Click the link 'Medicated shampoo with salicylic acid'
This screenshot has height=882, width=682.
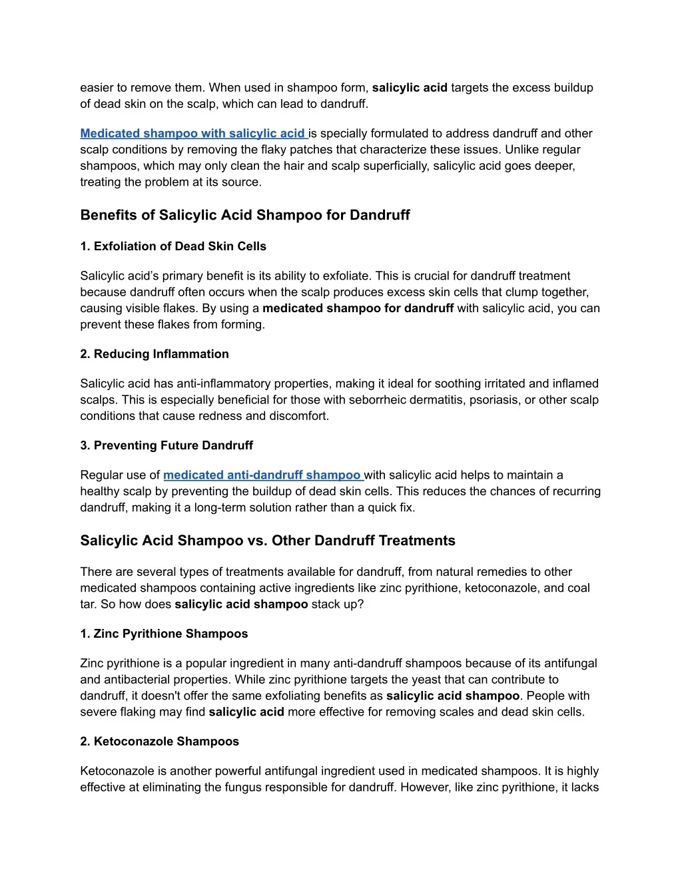(x=192, y=134)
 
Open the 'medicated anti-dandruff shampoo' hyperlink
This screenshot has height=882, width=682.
(x=262, y=475)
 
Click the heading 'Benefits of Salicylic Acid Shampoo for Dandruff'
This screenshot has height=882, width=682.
(x=245, y=215)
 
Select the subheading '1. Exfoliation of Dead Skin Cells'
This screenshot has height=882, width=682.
(x=173, y=246)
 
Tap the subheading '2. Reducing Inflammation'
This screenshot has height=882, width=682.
(x=155, y=354)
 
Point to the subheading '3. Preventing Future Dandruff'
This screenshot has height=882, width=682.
(x=167, y=445)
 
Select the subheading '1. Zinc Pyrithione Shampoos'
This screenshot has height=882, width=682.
(x=164, y=634)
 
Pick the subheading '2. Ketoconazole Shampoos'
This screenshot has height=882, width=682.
(x=159, y=742)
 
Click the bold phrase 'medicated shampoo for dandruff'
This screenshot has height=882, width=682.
(x=358, y=308)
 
